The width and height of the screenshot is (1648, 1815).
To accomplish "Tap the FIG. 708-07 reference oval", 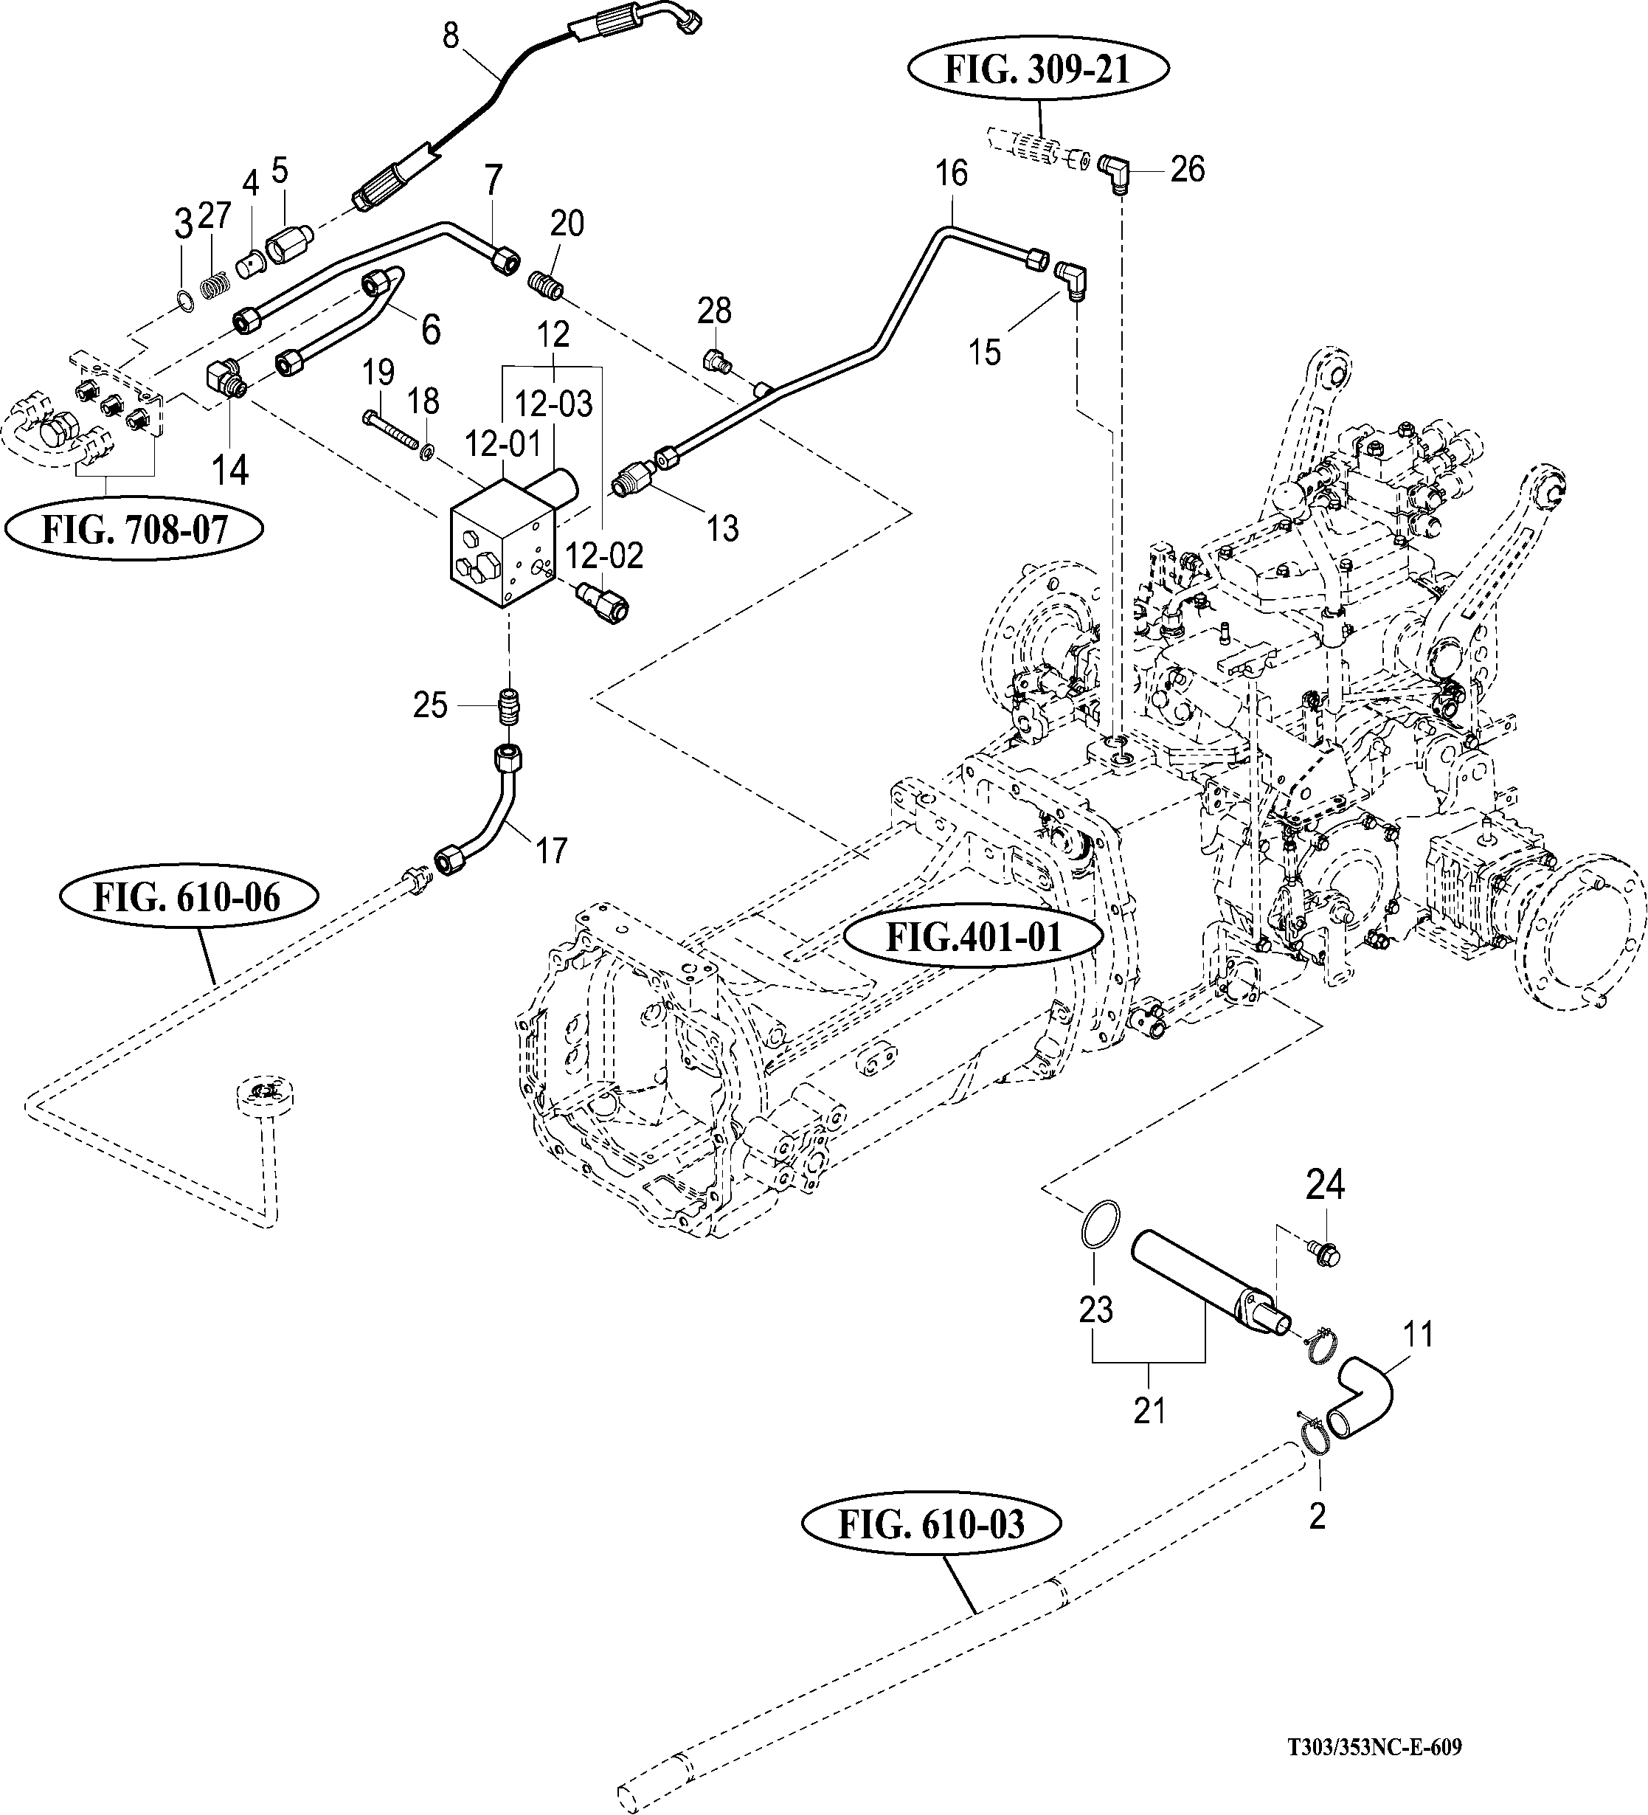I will click(x=135, y=530).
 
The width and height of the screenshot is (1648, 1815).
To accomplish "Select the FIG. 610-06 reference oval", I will click(x=189, y=898).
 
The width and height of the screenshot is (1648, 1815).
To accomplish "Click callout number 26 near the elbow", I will click(x=1187, y=168).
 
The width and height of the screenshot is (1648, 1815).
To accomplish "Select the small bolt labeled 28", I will click(x=716, y=360).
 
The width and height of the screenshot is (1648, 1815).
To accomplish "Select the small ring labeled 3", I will click(x=184, y=300).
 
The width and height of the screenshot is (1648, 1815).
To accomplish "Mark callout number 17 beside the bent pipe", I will click(x=551, y=850).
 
